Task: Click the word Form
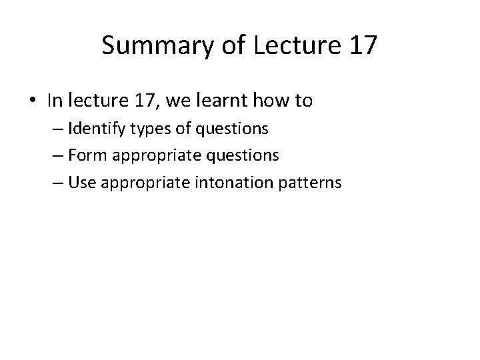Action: pyautogui.click(x=83, y=155)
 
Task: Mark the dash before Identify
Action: pyautogui.click(x=57, y=129)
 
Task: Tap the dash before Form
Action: pyautogui.click(x=57, y=156)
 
